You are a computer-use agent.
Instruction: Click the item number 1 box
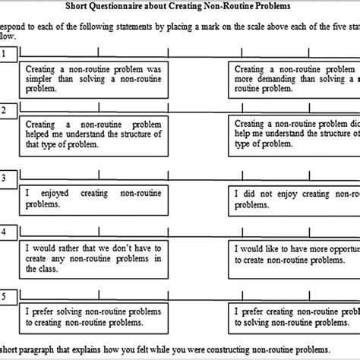click(5, 54)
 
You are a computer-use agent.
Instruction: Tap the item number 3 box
click(5, 178)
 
